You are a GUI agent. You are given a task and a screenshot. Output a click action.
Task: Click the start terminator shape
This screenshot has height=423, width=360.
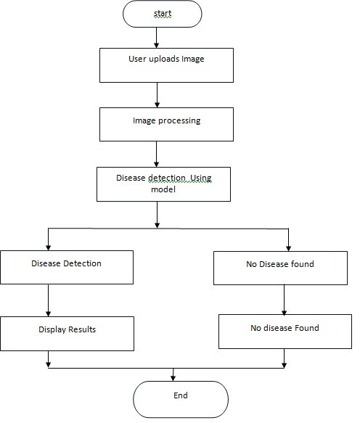click(162, 14)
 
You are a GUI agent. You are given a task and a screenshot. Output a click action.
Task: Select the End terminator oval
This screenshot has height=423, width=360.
click(181, 400)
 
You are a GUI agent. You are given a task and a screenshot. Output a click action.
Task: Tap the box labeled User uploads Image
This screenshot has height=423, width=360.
click(166, 65)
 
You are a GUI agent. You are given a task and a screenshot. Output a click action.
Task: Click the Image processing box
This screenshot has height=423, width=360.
click(166, 124)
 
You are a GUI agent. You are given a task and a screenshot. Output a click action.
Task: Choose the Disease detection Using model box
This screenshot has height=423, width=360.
click(163, 184)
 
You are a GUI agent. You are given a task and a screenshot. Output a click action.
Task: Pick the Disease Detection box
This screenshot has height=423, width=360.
click(67, 267)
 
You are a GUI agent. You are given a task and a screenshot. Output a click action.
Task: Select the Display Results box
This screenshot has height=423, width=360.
click(67, 334)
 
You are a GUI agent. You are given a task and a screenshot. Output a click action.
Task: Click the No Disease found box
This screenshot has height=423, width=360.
click(280, 268)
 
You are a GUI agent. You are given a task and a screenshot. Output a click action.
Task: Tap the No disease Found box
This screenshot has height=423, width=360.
click(285, 332)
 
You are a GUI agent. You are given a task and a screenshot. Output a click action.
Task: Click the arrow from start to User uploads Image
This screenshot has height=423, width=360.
click(156, 38)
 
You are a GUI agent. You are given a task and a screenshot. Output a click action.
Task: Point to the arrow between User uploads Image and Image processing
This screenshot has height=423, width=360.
click(157, 95)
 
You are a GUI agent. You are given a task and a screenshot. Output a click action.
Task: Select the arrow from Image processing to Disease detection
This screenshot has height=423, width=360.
click(156, 154)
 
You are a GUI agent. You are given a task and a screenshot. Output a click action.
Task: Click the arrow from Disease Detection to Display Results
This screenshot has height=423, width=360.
click(49, 300)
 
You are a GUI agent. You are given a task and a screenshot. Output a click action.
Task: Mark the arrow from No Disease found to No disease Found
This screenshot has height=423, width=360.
click(284, 300)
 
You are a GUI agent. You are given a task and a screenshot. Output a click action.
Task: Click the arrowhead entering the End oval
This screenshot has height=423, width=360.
click(173, 378)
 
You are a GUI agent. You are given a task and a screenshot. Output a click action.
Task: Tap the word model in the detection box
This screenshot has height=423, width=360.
click(163, 189)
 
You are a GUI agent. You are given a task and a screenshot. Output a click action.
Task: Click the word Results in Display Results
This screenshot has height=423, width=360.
click(82, 329)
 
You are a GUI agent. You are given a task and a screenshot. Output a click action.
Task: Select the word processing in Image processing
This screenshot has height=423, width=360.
click(179, 121)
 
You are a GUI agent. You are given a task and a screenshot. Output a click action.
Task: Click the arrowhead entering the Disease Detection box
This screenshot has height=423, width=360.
click(49, 247)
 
